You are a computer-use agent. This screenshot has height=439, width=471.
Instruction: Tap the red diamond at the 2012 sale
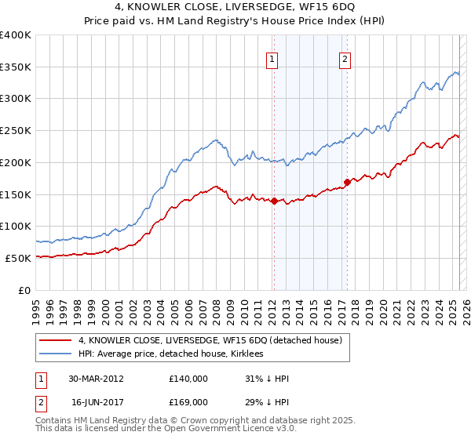(274, 201)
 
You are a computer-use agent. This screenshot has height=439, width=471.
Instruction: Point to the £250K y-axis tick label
(16, 131)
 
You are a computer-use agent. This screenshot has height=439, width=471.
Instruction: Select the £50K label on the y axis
(18, 258)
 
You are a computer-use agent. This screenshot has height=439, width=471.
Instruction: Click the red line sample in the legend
(55, 341)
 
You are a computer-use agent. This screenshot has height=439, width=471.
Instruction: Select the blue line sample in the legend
(55, 354)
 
